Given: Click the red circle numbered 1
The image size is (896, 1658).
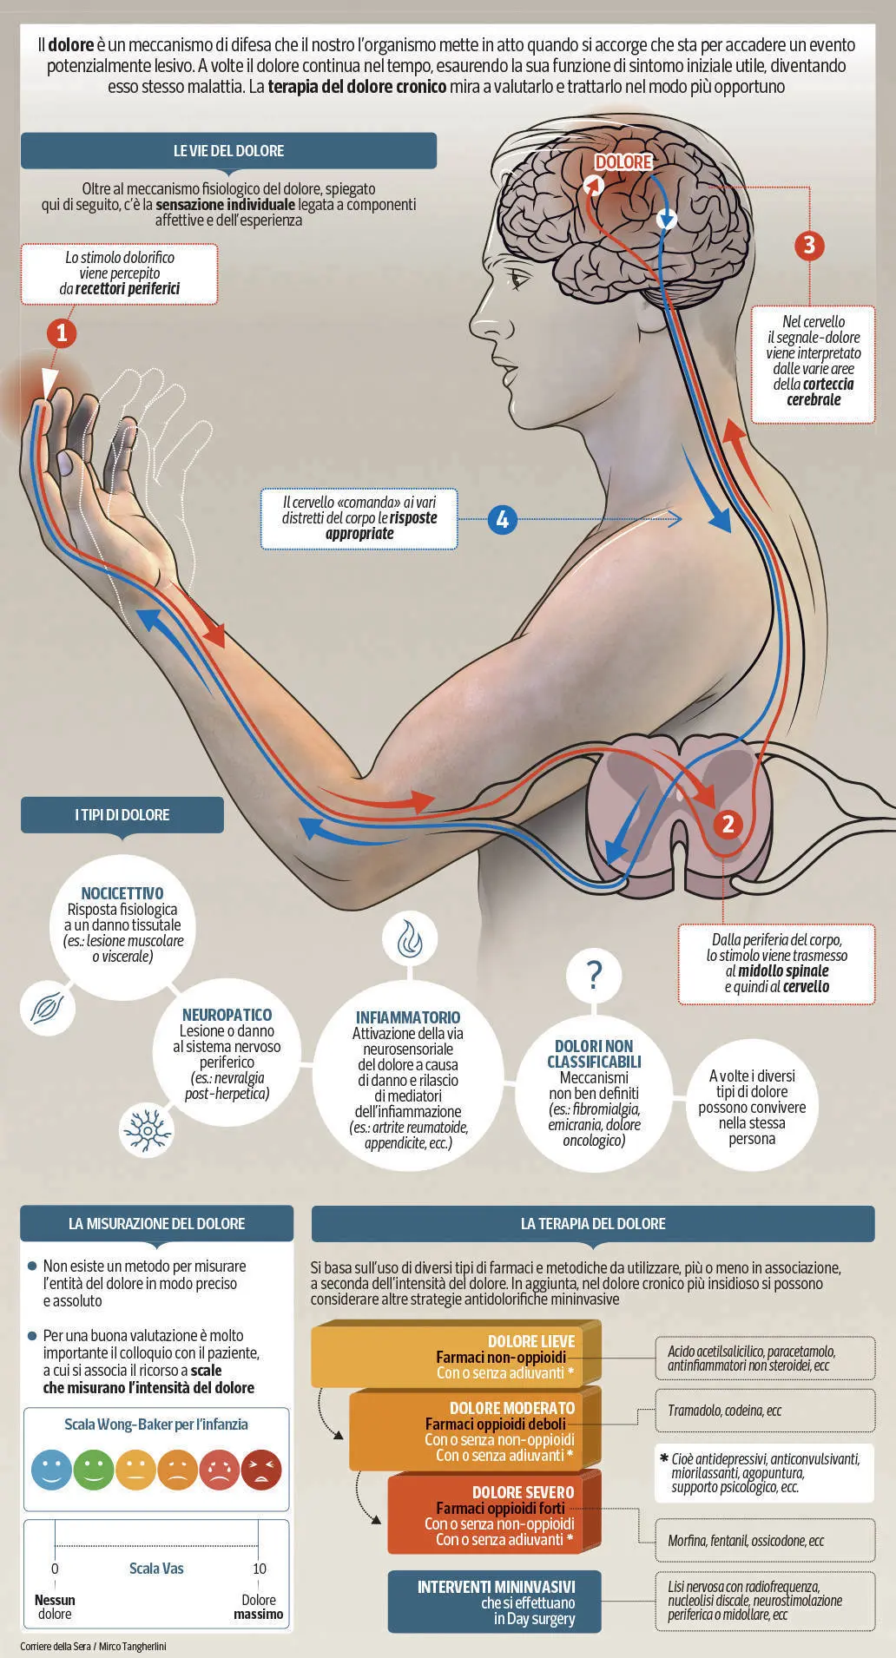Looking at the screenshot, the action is click(x=61, y=332).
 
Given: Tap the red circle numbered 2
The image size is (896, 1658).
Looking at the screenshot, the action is click(x=728, y=824).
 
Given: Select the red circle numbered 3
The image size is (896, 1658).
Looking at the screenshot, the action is click(x=809, y=245).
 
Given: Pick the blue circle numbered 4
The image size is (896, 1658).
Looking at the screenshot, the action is click(x=502, y=519).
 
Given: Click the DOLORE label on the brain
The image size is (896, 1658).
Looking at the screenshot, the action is click(x=623, y=162).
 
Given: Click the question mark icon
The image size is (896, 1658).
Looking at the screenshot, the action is click(x=594, y=975).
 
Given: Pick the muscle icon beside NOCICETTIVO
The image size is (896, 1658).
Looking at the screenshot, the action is click(x=47, y=1007).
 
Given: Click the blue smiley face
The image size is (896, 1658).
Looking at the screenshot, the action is click(x=51, y=1470).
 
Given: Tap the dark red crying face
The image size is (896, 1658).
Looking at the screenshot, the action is click(x=261, y=1470).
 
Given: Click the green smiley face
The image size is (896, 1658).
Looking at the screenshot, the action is click(x=94, y=1470).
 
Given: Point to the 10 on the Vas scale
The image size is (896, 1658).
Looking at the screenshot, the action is click(x=260, y=1569).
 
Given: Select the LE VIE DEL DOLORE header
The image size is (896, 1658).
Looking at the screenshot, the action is click(x=228, y=150).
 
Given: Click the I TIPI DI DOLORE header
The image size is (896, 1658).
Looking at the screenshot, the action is click(x=122, y=815).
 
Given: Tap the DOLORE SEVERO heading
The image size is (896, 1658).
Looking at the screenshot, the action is click(x=524, y=1492).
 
